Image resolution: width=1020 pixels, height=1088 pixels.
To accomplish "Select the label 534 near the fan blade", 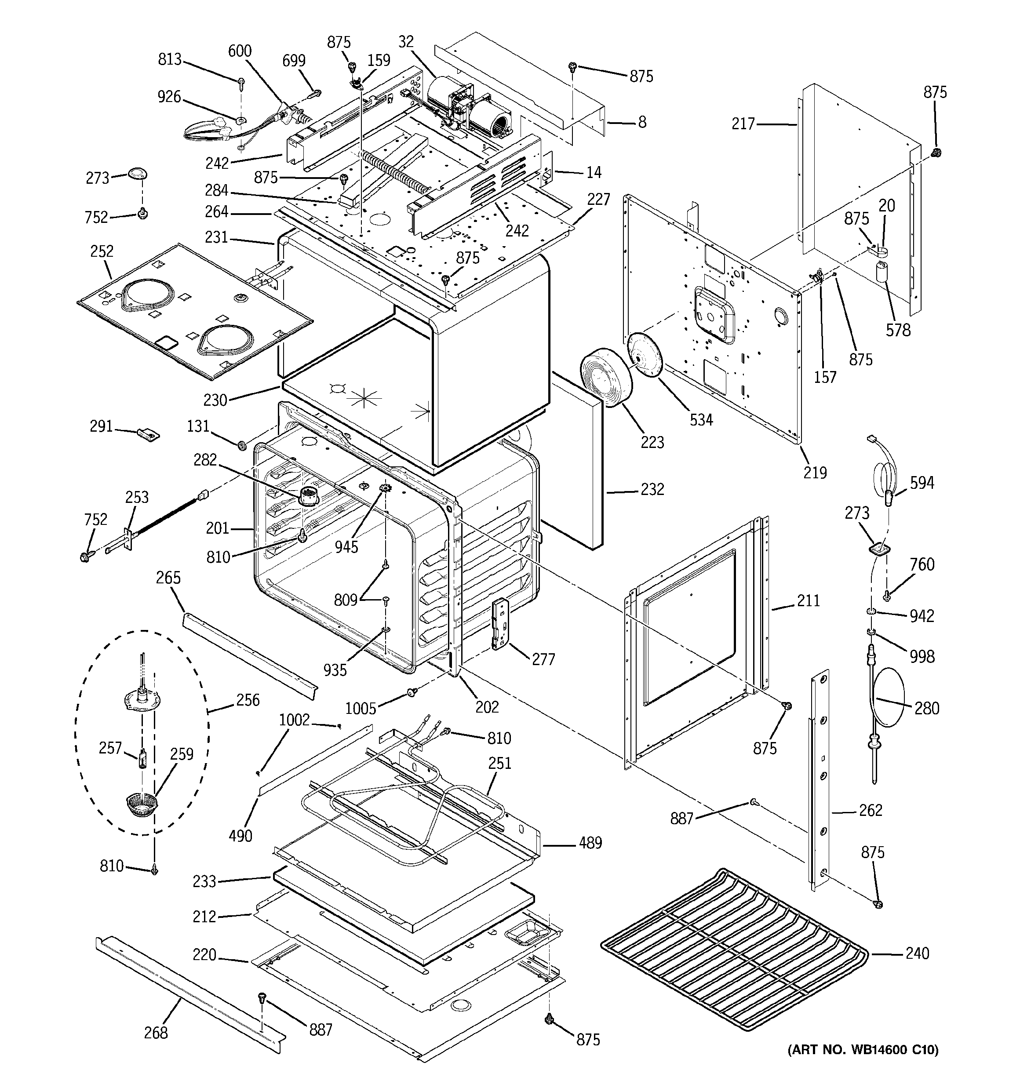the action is (701, 420).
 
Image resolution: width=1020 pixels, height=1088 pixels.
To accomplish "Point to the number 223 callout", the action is (652, 442).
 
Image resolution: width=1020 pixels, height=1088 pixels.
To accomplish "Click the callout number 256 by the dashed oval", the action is (248, 700).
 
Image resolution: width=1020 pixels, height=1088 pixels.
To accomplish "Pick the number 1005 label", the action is (361, 709).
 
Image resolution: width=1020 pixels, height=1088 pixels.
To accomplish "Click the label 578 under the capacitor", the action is (899, 330).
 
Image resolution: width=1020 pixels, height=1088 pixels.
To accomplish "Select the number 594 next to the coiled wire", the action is (922, 483).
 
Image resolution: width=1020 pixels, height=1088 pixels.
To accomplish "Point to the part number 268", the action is (156, 1033).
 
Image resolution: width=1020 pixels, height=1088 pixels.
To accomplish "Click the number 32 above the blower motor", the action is (406, 42).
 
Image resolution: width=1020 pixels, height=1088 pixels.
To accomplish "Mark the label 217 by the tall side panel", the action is (743, 124).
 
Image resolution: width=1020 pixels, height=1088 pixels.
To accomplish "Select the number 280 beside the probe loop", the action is (926, 709).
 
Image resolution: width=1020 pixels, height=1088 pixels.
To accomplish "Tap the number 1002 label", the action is (295, 720).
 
